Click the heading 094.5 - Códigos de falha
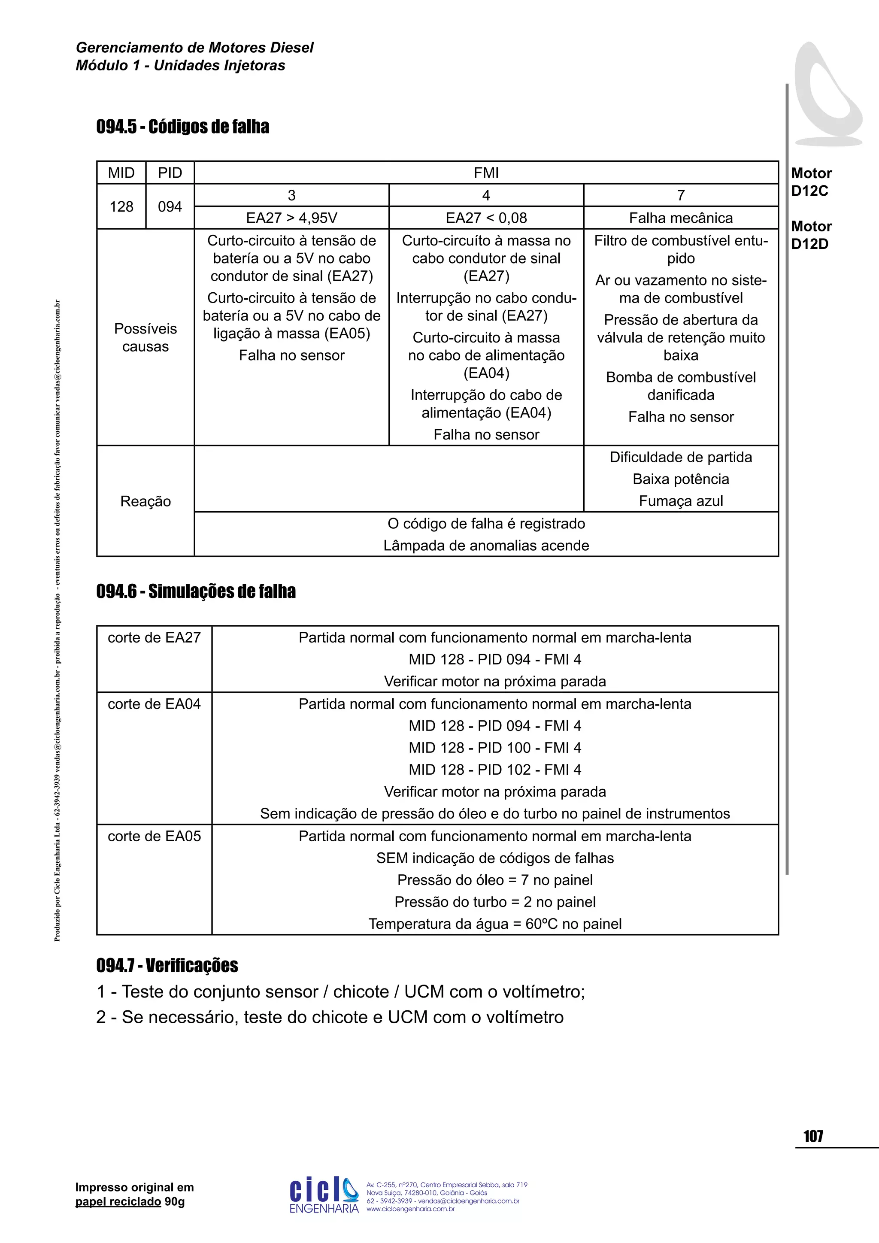tap(182, 127)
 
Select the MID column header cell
tap(121, 173)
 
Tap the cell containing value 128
tap(121, 206)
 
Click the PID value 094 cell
tap(170, 206)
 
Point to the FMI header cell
tap(485, 173)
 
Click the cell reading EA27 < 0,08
tap(485, 218)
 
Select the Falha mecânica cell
tap(680, 218)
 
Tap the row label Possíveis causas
tap(145, 337)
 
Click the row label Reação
tap(145, 501)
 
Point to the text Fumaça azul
tap(680, 501)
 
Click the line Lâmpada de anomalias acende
tap(485, 545)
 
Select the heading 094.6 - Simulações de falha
tap(196, 591)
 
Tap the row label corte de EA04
tap(154, 704)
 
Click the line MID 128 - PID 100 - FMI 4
tap(495, 748)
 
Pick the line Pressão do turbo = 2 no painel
tap(495, 902)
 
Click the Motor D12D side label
tap(811, 235)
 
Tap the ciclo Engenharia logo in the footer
tap(324, 1195)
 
